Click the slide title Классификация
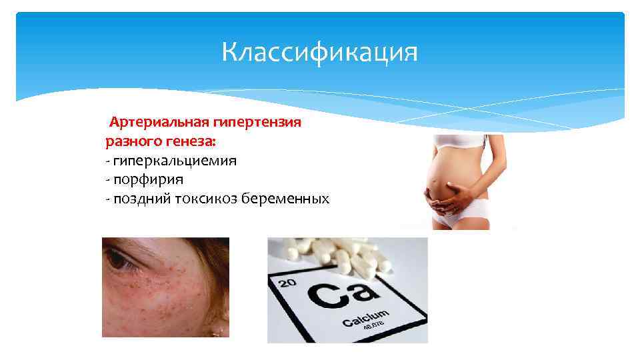click(x=319, y=52)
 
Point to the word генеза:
click(x=197, y=141)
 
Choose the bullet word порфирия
click(x=148, y=179)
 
